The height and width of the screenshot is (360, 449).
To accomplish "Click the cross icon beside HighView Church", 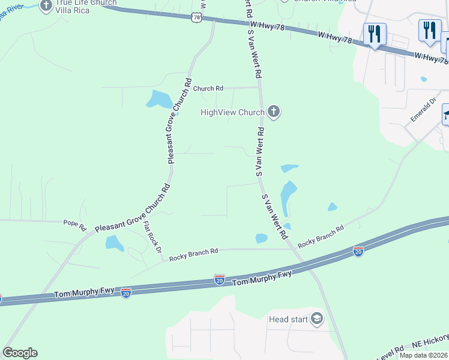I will [274, 112].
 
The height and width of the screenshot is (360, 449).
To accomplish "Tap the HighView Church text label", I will [232, 112].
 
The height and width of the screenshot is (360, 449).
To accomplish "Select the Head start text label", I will [289, 319].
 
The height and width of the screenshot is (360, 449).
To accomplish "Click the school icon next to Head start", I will [316, 319].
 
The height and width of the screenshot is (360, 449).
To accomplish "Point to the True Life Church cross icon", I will [46, 6].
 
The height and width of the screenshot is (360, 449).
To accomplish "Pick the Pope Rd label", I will [75, 223].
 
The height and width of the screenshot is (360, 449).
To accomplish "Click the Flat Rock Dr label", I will [152, 237].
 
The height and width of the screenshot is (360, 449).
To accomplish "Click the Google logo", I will [20, 353].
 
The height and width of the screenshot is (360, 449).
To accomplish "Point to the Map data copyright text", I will [424, 355].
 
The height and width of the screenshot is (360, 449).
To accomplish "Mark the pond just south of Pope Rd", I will [114, 243].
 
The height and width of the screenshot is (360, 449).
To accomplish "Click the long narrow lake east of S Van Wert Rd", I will [288, 195].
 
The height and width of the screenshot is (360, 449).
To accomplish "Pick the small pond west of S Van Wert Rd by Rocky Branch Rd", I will [261, 238].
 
